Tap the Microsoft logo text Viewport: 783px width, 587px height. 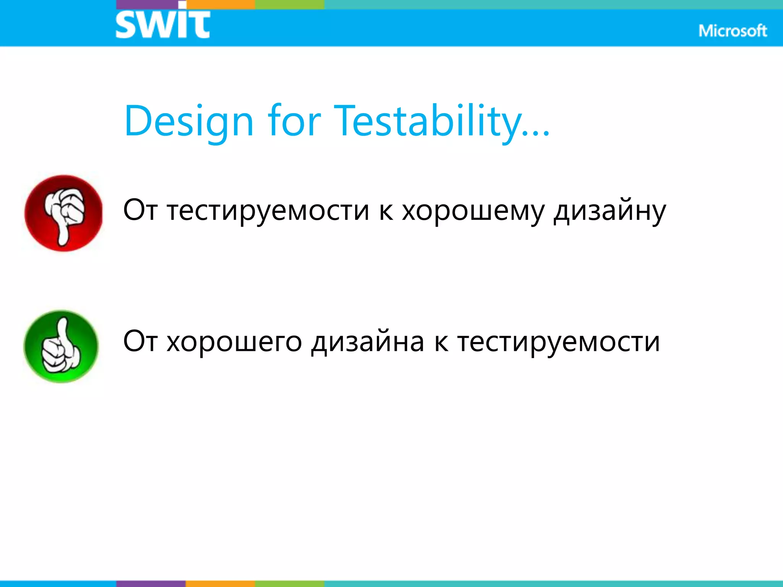(732, 31)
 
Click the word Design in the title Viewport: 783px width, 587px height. (189, 122)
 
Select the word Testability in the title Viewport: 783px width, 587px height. (428, 121)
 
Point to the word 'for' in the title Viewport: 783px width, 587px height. (294, 121)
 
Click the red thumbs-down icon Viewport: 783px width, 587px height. (63, 213)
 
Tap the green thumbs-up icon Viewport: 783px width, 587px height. (61, 346)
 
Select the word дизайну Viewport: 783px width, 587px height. (609, 211)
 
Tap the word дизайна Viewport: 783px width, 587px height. (367, 342)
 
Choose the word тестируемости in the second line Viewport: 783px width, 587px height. (559, 342)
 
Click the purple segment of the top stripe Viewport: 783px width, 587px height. (147, 4)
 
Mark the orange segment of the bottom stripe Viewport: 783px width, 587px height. (220, 584)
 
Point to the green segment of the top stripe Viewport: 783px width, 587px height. (289, 4)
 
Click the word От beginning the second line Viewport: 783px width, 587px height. (140, 341)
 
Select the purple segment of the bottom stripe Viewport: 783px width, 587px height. (151, 584)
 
